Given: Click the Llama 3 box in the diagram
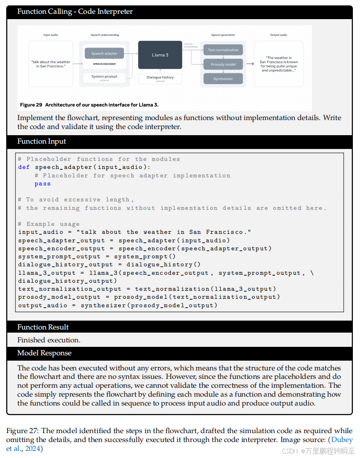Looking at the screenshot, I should tap(160, 55).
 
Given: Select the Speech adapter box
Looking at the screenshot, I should tap(104, 53).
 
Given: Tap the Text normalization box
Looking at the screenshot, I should tap(223, 50).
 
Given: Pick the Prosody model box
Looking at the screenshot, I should tap(223, 64).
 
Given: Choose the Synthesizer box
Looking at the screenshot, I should tap(223, 79).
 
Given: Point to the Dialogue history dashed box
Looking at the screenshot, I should tap(160, 78).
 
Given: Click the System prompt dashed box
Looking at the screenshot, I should tap(104, 77).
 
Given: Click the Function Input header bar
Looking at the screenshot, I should tap(42, 141).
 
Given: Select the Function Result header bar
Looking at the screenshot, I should tap(43, 327).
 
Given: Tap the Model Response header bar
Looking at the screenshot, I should tap(44, 353).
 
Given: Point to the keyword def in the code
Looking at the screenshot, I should tap(24, 167).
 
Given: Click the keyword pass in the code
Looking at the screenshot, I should tap(43, 184).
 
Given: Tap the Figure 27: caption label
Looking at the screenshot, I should tap(21, 431).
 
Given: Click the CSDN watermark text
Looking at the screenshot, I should tap(290, 451).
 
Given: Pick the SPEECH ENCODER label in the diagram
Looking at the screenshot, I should tap(104, 64).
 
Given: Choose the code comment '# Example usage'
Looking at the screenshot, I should tap(49, 224).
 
